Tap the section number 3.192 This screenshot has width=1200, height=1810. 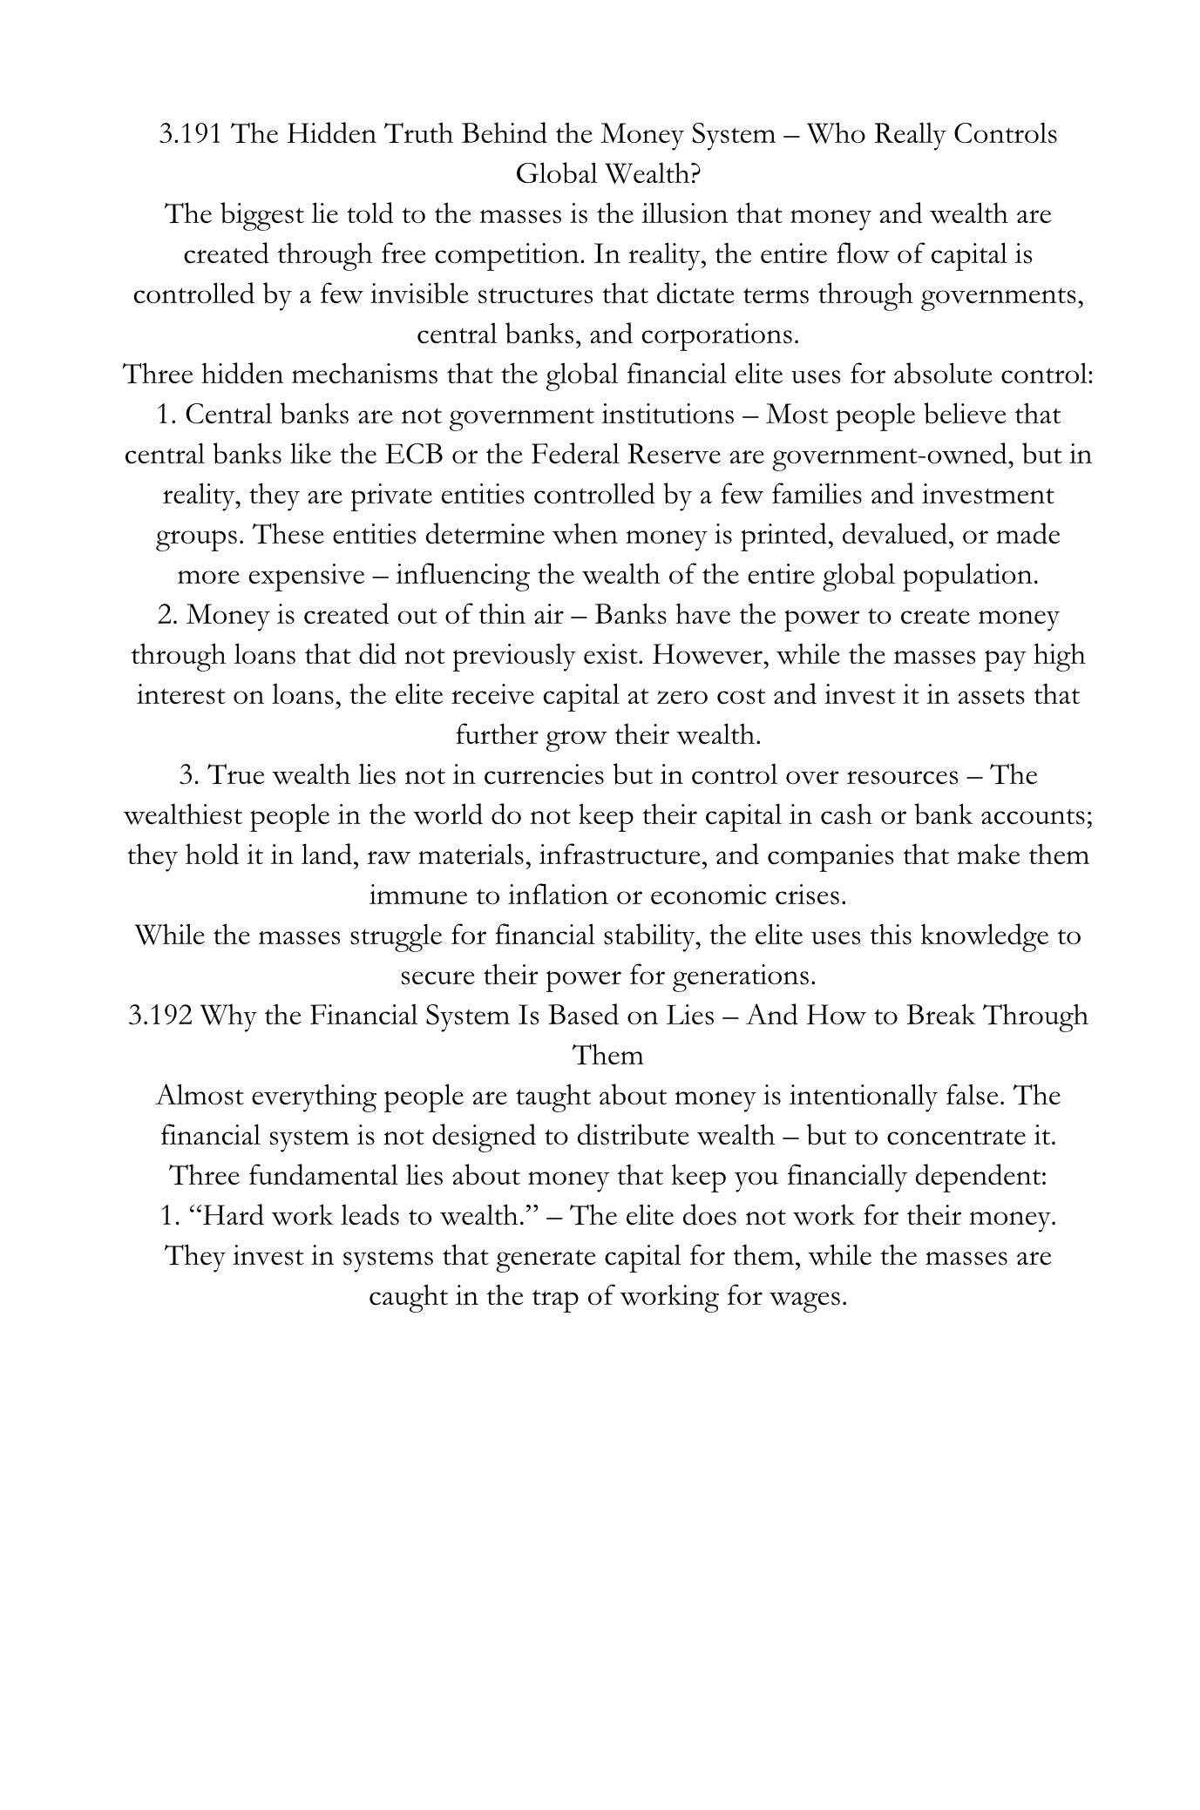pyautogui.click(x=159, y=1016)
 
